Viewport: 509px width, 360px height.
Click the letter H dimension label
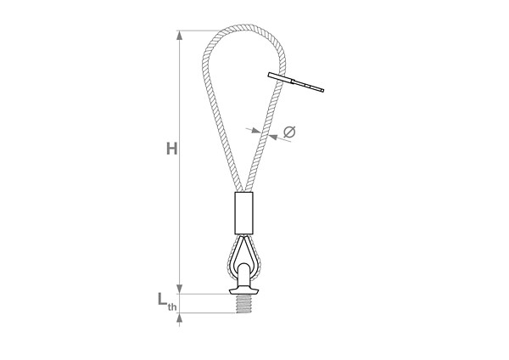coord(171,149)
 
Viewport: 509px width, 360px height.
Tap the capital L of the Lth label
coord(162,299)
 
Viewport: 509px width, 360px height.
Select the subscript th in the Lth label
coord(172,307)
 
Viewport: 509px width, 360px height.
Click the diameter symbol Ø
coord(289,132)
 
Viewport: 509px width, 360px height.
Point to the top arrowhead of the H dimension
coord(179,35)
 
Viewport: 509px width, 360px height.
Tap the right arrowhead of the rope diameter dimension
coord(273,137)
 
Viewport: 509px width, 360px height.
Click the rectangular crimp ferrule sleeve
coord(243,213)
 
